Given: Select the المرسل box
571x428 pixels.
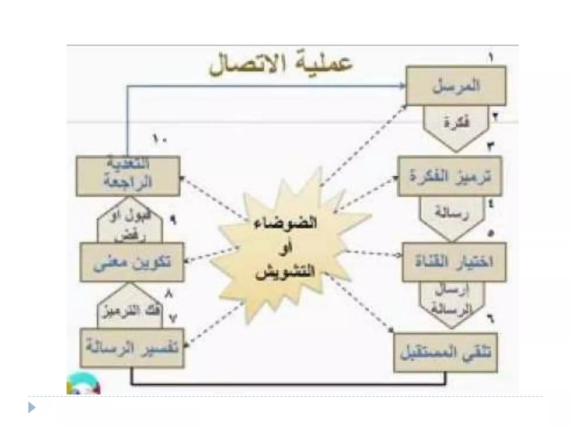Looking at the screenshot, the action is click(x=456, y=86).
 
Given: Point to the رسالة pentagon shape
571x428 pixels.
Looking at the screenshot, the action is click(x=452, y=216).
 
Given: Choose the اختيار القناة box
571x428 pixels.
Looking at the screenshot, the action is click(x=454, y=262).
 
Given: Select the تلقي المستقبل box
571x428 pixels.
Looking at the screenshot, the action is click(x=446, y=353).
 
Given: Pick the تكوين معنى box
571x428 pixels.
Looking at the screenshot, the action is click(x=132, y=262).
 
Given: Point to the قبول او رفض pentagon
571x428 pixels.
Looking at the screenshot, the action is click(x=130, y=223).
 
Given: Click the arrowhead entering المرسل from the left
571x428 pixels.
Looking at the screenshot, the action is click(x=403, y=86).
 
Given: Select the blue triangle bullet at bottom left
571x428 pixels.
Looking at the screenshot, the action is click(x=32, y=408).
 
